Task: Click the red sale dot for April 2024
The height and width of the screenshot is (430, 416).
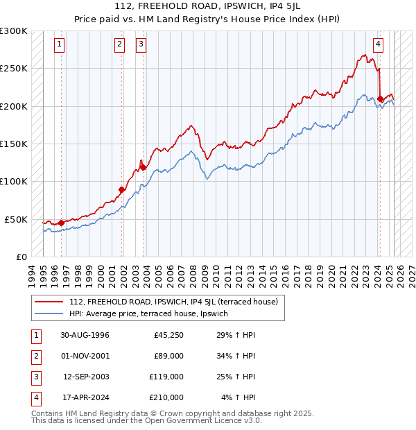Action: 380,99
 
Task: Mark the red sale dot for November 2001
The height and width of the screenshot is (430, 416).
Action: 121,189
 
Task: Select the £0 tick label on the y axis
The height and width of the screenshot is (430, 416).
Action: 20,257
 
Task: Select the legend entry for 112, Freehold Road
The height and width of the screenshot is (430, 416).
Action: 173,302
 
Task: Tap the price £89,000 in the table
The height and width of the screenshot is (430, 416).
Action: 168,356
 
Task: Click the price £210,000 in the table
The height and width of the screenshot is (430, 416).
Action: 166,397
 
